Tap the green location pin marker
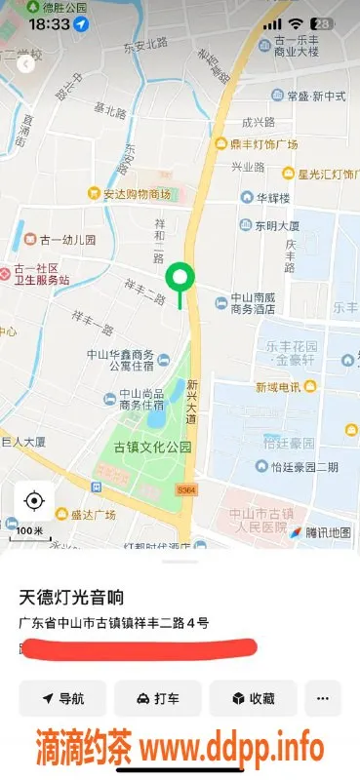[179, 279]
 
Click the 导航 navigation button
[62, 698]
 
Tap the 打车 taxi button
[157, 698]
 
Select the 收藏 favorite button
[252, 698]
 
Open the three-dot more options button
[323, 698]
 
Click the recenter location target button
[34, 501]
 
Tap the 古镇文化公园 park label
[152, 448]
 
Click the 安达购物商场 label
[136, 194]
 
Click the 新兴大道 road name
[192, 400]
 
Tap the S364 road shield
[187, 488]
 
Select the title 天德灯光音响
[73, 596]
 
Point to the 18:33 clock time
[50, 22]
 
